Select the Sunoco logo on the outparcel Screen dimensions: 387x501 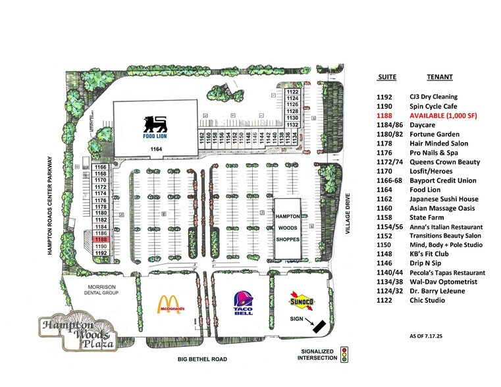point(303,301)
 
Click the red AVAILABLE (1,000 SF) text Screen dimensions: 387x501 point(444,115)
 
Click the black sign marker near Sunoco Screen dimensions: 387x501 point(318,326)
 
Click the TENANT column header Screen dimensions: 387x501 point(439,77)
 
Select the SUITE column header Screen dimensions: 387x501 point(388,77)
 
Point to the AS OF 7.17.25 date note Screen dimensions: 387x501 point(429,336)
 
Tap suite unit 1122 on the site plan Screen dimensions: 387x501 point(292,92)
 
